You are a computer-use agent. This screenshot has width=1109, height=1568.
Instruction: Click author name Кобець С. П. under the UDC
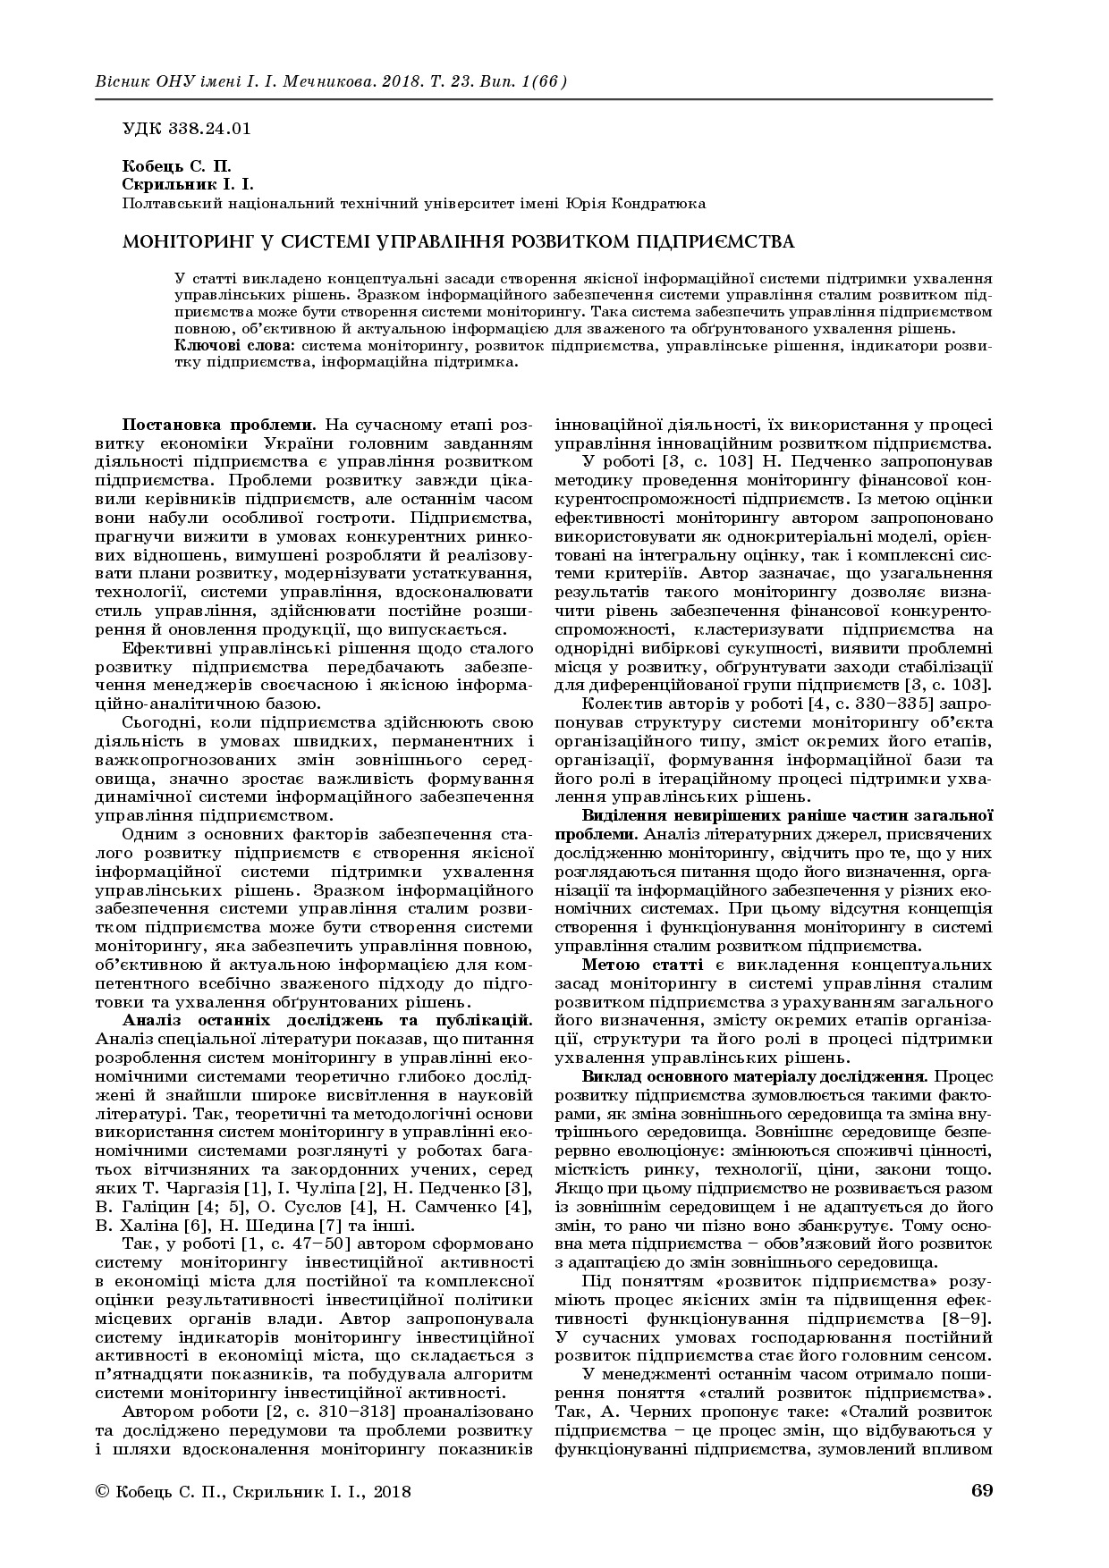pyautogui.click(x=175, y=167)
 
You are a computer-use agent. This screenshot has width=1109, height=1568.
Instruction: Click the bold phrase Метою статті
pyautogui.click(x=637, y=965)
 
